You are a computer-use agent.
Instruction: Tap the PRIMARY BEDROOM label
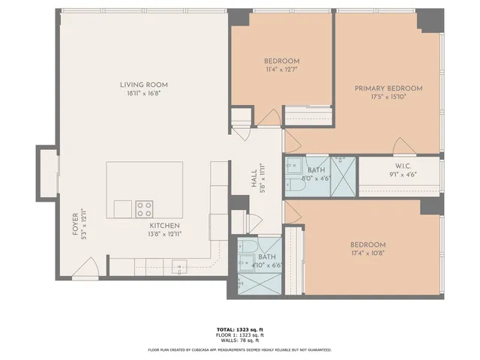click(388, 88)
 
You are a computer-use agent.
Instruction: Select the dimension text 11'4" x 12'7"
click(281, 71)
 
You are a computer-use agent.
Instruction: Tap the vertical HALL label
click(253, 180)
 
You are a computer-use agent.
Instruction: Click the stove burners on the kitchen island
click(144, 208)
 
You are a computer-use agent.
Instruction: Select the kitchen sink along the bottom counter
click(180, 265)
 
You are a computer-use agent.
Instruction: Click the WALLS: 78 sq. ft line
click(239, 341)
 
